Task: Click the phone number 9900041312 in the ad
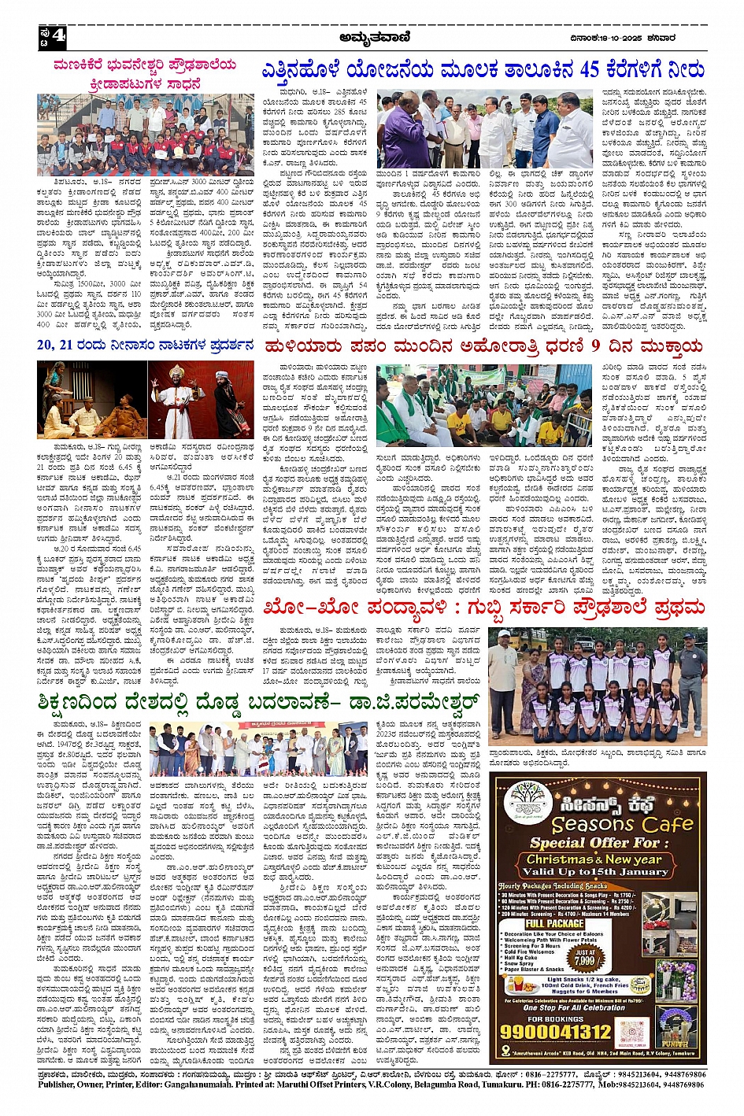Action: (556, 1031)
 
